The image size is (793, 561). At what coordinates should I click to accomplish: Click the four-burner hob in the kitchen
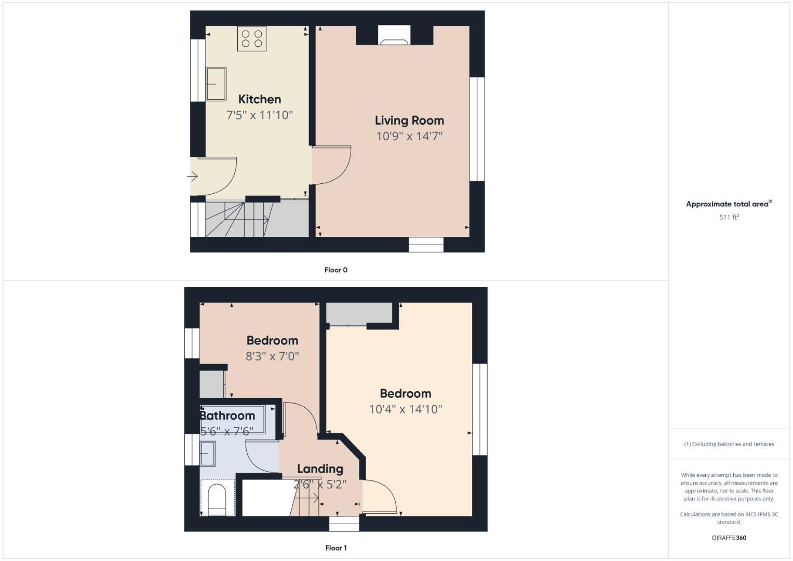tap(252, 38)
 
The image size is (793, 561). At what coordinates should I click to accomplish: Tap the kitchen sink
tap(216, 84)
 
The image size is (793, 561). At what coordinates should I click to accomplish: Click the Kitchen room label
tap(260, 99)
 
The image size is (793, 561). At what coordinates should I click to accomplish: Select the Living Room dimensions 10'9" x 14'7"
tap(409, 136)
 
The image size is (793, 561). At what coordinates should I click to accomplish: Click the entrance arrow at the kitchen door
tap(193, 177)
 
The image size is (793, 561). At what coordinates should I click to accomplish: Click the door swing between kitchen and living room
tap(332, 165)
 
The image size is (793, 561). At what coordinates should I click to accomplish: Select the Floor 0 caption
tap(335, 270)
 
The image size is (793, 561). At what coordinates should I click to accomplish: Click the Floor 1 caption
tap(335, 547)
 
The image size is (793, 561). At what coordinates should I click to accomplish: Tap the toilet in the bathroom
tap(217, 498)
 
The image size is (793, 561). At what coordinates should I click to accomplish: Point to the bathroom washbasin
tap(208, 453)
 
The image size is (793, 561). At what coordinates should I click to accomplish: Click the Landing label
tap(320, 469)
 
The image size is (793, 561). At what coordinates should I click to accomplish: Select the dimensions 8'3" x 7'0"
tap(272, 356)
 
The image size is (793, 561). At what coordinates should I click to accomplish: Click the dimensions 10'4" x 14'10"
tap(405, 409)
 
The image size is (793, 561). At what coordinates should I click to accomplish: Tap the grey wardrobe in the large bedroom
tap(358, 314)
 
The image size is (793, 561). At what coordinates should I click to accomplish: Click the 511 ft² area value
tap(729, 217)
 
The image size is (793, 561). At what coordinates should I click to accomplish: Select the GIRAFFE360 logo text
tap(729, 538)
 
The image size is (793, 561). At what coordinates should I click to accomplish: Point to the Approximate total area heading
tap(728, 204)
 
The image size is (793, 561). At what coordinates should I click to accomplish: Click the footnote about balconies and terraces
tap(729, 444)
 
